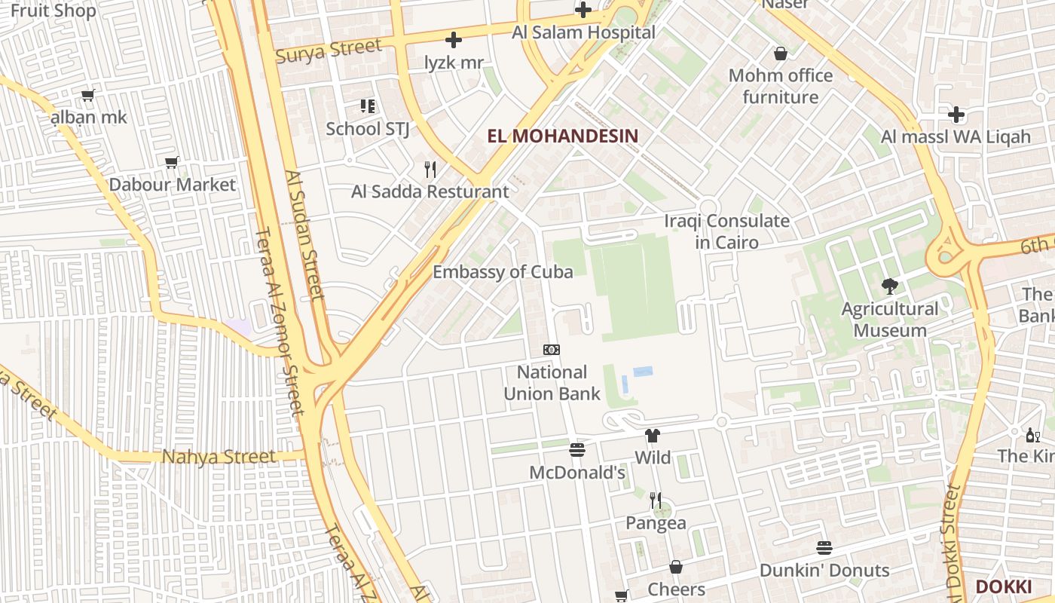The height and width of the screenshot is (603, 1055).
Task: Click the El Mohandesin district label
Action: pyautogui.click(x=562, y=136)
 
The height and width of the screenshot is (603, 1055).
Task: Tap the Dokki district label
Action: pyautogui.click(x=1003, y=586)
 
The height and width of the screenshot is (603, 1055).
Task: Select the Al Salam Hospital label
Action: pyautogui.click(x=583, y=32)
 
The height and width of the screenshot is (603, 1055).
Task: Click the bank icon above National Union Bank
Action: pyautogui.click(x=552, y=350)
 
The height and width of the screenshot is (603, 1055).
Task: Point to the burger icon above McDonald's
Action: pyautogui.click(x=577, y=450)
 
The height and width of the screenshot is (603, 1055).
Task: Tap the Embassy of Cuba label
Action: pyautogui.click(x=503, y=272)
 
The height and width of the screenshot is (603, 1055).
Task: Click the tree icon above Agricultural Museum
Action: pyautogui.click(x=890, y=286)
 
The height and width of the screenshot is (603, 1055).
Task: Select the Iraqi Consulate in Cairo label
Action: pyautogui.click(x=726, y=231)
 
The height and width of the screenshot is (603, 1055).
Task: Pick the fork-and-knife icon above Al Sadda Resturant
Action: pyautogui.click(x=430, y=169)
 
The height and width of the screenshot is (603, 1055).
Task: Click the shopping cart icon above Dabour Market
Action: pyautogui.click(x=172, y=162)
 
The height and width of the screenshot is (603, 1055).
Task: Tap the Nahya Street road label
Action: pyautogui.click(x=219, y=457)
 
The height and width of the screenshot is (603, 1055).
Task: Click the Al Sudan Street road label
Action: pyautogui.click(x=304, y=235)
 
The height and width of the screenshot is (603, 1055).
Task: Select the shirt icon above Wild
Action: pyautogui.click(x=653, y=435)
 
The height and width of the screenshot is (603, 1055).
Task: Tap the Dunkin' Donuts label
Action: pyautogui.click(x=824, y=570)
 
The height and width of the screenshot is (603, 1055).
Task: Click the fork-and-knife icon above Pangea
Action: pyautogui.click(x=656, y=500)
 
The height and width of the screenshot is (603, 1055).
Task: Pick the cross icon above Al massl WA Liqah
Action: pyautogui.click(x=956, y=115)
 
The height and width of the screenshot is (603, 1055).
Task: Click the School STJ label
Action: pyautogui.click(x=368, y=129)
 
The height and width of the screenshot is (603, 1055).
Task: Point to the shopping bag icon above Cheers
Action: pyautogui.click(x=676, y=567)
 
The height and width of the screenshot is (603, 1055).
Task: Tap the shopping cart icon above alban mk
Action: pyautogui.click(x=88, y=95)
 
